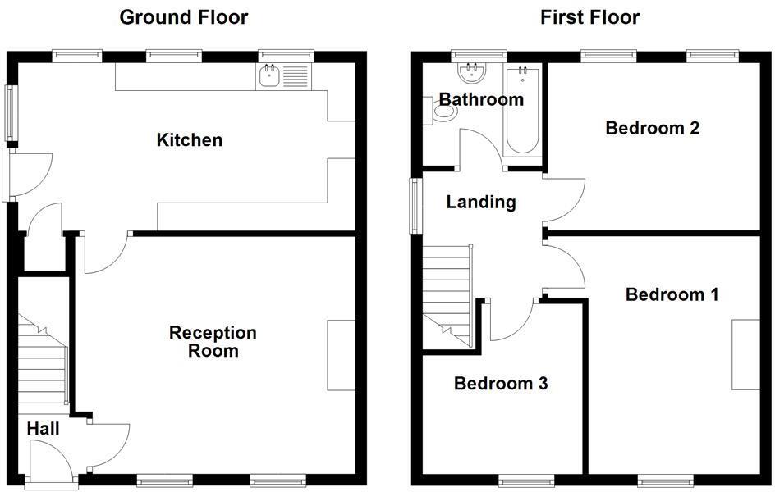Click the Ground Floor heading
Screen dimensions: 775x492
point(184,17)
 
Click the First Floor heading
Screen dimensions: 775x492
point(589,17)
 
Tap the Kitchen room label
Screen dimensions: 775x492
point(189,140)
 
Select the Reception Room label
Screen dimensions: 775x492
point(213,342)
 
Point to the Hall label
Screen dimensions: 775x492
point(43,428)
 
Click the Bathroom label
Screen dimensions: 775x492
point(481,100)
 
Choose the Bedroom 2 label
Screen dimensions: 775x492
point(652,128)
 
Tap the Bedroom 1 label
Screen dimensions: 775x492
point(672,294)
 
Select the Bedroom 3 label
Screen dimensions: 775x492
point(501,383)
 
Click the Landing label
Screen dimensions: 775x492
point(481,202)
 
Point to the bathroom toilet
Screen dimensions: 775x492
point(441,110)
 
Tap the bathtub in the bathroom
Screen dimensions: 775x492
point(522,112)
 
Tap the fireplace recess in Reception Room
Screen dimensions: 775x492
point(342,355)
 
